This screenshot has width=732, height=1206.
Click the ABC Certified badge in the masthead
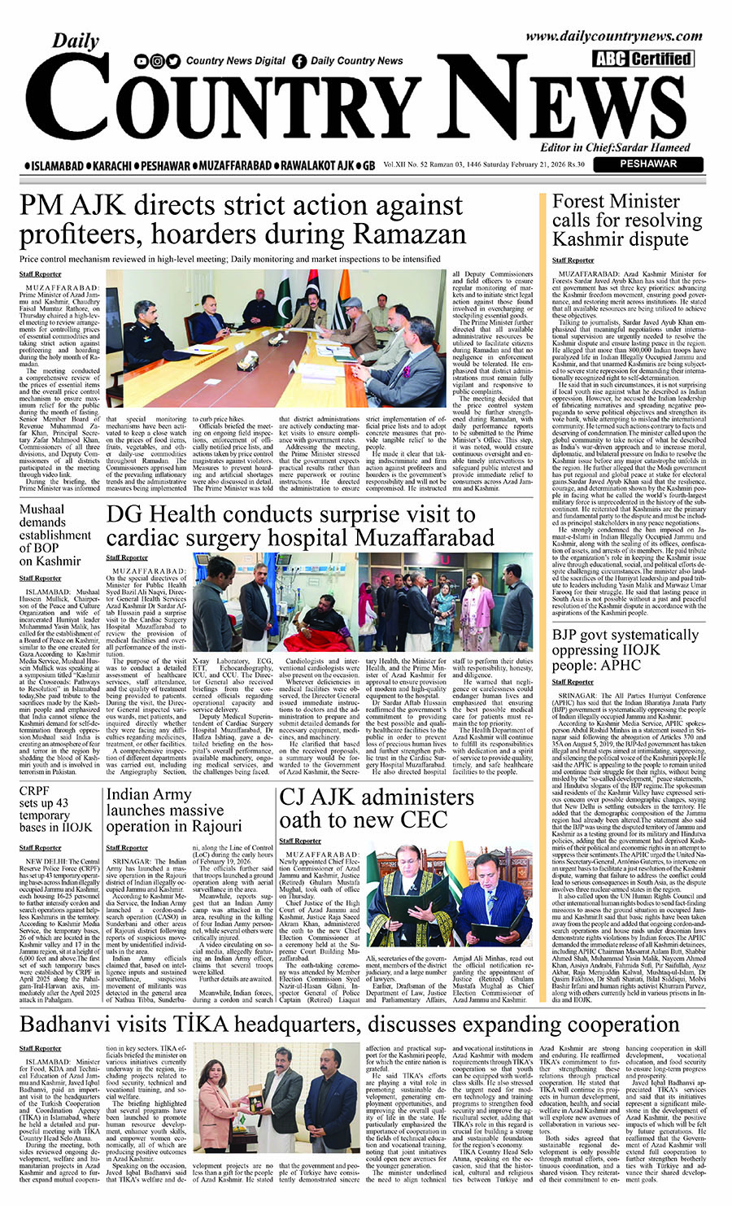coord(643,59)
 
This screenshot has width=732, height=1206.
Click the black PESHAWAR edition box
coord(647,164)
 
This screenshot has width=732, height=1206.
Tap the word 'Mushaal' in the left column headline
coord(42,509)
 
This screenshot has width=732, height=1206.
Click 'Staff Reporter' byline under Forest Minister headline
coord(573,260)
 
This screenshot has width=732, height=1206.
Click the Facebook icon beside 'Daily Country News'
coord(299,60)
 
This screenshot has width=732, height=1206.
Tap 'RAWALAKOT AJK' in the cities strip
coord(316,165)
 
